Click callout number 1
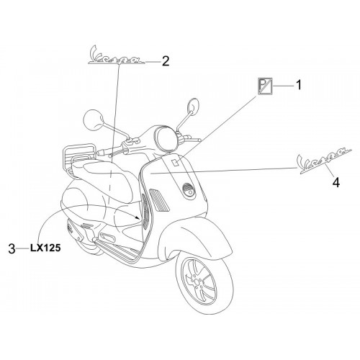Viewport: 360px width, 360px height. [298, 85]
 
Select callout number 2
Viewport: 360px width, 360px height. [166, 61]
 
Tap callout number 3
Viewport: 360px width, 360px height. [12, 248]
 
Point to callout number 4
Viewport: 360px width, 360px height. [336, 183]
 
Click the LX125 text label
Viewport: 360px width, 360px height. [45, 248]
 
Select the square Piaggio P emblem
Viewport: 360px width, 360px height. [265, 86]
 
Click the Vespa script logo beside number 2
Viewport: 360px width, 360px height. [117, 55]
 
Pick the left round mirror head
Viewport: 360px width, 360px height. [94, 120]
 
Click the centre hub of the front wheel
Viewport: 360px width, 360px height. [197, 282]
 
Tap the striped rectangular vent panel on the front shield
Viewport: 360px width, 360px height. [159, 199]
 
